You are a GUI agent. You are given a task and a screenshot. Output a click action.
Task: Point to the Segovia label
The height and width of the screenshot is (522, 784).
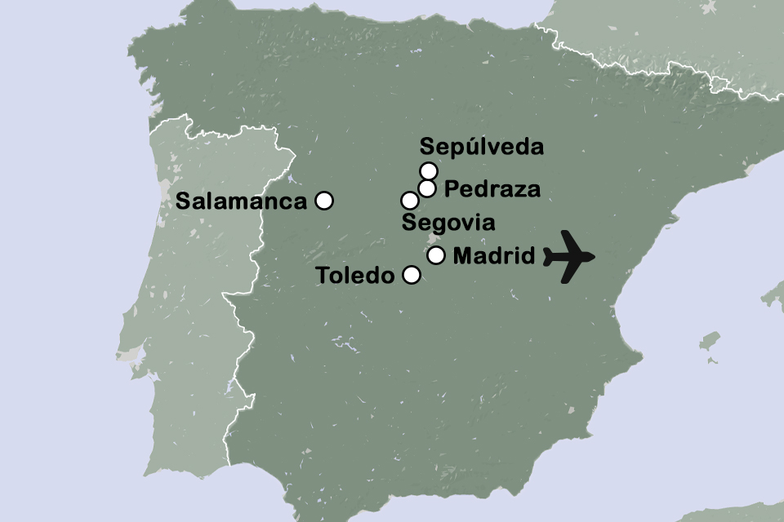(449, 223)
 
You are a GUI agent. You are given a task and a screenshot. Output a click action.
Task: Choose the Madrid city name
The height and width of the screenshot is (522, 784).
(493, 256)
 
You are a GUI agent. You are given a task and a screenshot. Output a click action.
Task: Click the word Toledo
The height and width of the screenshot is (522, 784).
(355, 276)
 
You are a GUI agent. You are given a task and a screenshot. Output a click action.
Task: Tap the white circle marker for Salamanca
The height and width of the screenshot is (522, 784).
(324, 200)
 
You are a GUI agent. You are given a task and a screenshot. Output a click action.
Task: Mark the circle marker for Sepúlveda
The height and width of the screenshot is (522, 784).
(429, 170)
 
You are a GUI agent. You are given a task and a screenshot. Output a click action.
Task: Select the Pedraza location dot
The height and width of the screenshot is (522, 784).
(426, 188)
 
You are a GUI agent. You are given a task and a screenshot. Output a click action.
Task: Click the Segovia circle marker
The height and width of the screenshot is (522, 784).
(409, 201)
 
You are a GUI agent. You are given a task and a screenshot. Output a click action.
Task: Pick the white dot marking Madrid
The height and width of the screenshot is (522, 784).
(436, 255)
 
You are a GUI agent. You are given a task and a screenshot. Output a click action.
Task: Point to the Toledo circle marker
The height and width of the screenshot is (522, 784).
(412, 275)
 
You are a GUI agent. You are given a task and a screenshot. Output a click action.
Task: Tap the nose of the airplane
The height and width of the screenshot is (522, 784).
(594, 256)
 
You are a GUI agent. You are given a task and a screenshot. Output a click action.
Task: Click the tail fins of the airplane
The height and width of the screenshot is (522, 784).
(549, 256)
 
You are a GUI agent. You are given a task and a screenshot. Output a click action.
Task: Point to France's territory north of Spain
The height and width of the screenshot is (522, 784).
(653, 33)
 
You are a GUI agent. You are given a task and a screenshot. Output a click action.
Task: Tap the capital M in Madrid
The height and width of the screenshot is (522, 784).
(462, 256)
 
